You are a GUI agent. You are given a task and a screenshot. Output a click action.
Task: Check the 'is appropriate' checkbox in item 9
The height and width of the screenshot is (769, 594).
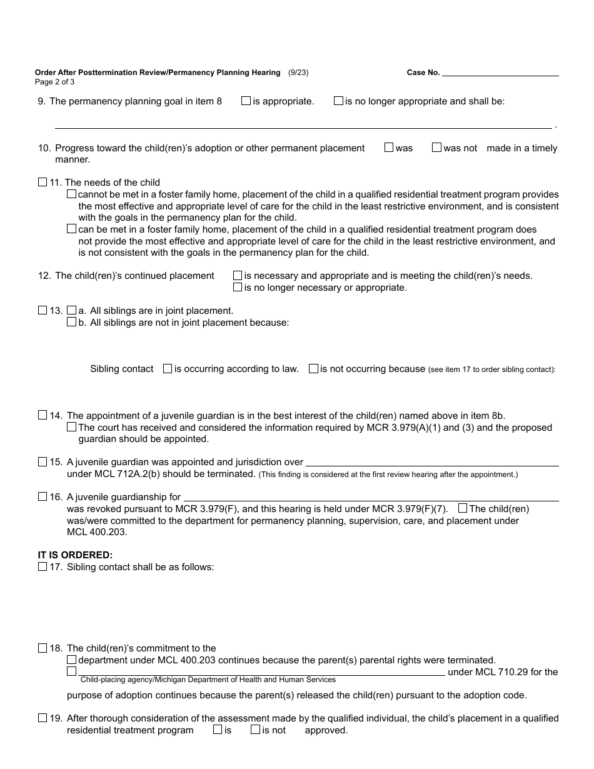click(x=246, y=101)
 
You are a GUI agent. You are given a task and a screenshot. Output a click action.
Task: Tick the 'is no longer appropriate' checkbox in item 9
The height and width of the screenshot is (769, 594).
click(x=338, y=101)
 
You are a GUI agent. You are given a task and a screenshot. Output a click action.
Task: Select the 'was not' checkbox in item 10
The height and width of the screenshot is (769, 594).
click(x=436, y=148)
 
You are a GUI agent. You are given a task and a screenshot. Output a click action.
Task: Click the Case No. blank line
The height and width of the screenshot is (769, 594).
click(x=500, y=73)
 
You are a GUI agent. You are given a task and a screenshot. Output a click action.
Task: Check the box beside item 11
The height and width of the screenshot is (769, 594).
click(x=43, y=183)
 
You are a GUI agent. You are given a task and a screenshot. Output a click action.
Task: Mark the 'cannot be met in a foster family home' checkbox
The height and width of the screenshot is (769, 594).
click(x=71, y=194)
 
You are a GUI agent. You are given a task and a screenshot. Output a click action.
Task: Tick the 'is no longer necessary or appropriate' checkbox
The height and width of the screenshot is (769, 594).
click(x=238, y=288)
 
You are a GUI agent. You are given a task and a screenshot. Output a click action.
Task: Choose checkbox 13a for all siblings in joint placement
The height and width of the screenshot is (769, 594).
click(x=71, y=310)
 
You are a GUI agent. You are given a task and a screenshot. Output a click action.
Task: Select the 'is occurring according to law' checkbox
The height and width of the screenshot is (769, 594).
click(x=168, y=369)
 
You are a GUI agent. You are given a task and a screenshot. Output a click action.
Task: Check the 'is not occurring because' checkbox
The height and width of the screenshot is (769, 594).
click(x=313, y=369)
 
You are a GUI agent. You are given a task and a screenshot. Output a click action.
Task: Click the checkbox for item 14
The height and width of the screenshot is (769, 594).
click(x=43, y=415)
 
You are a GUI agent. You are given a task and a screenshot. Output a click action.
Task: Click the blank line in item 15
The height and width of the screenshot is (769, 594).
click(x=431, y=463)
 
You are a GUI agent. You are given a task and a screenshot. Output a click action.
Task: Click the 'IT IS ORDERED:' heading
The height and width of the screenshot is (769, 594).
click(x=75, y=555)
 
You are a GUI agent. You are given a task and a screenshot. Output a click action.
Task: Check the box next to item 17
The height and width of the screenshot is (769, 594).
click(x=43, y=566)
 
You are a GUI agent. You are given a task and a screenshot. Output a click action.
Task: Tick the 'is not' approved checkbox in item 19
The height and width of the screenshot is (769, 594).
click(x=255, y=730)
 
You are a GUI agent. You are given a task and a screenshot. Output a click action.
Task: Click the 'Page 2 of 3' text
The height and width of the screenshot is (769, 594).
click(x=54, y=82)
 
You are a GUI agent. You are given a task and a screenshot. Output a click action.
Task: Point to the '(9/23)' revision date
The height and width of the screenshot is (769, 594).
click(x=298, y=73)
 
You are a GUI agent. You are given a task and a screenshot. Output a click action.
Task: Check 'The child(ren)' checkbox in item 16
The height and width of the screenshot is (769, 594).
click(x=463, y=509)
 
